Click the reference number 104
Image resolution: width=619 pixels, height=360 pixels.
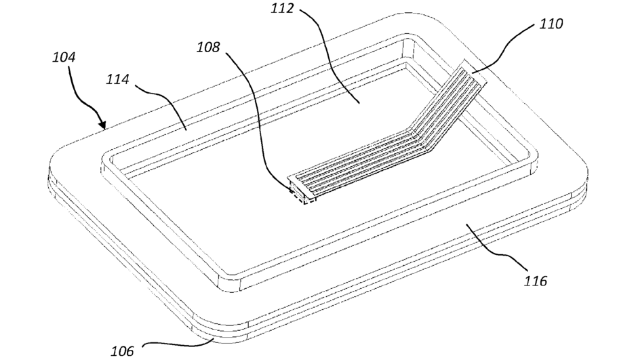pyautogui.click(x=64, y=57)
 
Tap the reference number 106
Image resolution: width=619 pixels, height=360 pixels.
pyautogui.click(x=123, y=350)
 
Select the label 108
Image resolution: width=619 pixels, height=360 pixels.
pyautogui.click(x=209, y=47)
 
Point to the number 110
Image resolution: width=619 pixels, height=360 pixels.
pyautogui.click(x=551, y=24)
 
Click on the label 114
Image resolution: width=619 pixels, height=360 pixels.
pyautogui.click(x=118, y=80)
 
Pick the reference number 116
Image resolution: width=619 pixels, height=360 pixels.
pyautogui.click(x=534, y=279)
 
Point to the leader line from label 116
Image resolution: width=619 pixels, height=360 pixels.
pyautogui.click(x=496, y=252)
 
